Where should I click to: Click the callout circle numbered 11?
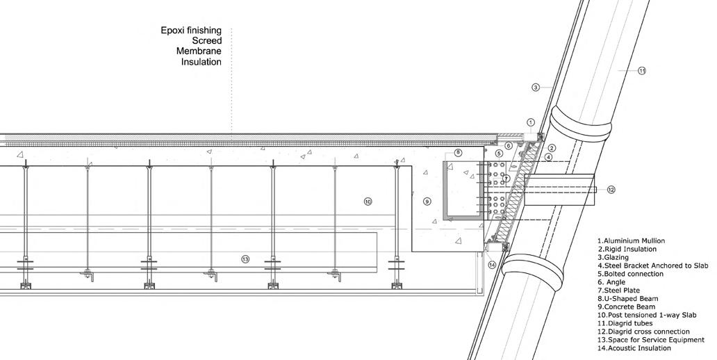642,70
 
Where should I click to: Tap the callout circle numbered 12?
611,189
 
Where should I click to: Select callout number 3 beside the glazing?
536,88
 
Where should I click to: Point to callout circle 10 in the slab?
368,202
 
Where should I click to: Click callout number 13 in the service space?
245,259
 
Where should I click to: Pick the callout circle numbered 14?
492,264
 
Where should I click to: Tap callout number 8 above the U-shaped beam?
458,152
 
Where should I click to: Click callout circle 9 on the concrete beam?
427,202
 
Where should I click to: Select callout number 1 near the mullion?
531,122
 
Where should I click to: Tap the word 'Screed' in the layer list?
207,41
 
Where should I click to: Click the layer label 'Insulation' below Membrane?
201,62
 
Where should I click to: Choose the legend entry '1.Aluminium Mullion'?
630,240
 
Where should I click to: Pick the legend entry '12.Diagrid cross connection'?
643,332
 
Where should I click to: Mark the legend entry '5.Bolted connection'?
630,274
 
